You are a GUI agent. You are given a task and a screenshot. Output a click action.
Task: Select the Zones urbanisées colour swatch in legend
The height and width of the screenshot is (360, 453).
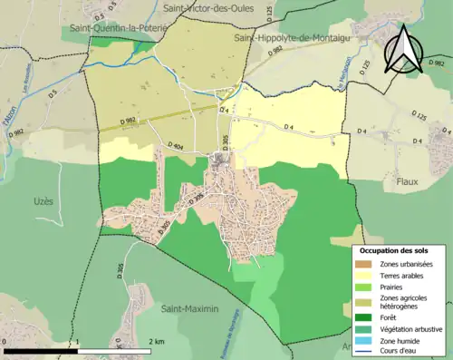coord(364,263)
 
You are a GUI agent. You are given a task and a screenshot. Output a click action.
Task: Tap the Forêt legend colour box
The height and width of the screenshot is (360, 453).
coord(364,317)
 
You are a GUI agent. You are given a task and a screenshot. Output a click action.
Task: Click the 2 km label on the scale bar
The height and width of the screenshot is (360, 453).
coord(157,342)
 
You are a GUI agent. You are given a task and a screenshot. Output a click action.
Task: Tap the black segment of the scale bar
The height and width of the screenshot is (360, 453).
coord(42,351)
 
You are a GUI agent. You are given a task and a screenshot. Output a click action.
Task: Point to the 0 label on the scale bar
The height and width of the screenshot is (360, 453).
coord(6,342)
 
